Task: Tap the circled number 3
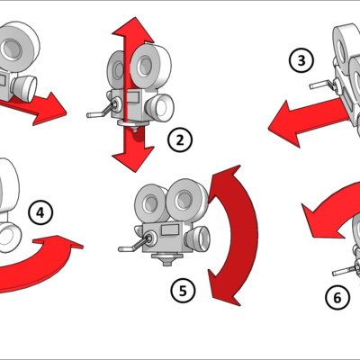click(301, 60)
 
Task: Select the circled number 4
click(40, 212)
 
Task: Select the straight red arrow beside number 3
click(301, 120)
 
